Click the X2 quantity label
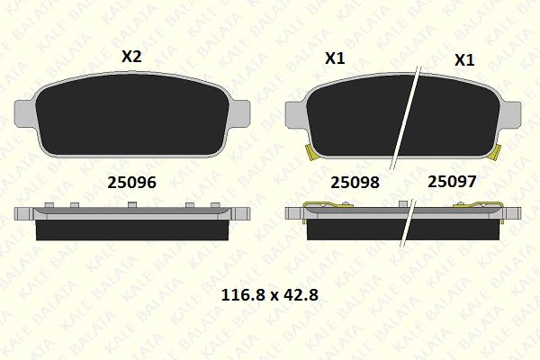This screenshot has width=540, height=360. point(131,56)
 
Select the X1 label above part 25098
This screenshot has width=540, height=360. point(335,58)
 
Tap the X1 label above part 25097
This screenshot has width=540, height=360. point(464,60)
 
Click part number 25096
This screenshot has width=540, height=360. point(131,182)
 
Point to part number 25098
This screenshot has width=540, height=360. point(355,182)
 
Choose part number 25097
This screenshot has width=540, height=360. point(452,182)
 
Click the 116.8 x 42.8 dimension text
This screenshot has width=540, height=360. point(271,294)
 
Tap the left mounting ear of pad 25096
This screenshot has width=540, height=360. point(27,114)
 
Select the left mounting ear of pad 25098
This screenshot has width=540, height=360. point(296,114)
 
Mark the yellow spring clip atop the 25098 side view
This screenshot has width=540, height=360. point(326,208)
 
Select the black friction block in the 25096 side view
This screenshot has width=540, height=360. point(132,230)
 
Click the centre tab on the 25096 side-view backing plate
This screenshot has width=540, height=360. point(132,207)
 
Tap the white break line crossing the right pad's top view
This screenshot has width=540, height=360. point(407,117)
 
